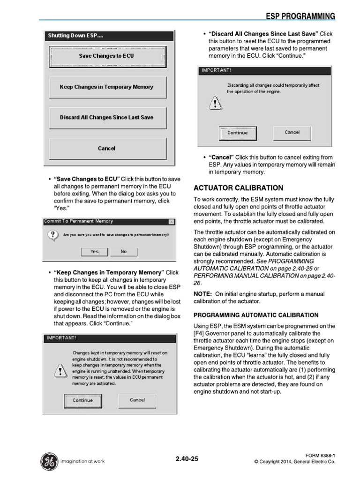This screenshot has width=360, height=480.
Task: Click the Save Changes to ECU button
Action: coord(107,56)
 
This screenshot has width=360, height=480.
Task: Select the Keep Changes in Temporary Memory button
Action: coord(107,87)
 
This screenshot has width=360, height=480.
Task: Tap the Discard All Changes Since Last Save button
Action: coord(107,118)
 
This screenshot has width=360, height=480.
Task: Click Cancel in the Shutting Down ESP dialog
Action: coord(107,149)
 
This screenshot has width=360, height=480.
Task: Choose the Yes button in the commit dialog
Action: coord(95,252)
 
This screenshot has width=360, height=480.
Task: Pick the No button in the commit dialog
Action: coord(124,252)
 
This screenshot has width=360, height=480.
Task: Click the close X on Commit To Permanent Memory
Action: coord(171,222)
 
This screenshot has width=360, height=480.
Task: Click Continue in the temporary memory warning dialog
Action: coord(82,401)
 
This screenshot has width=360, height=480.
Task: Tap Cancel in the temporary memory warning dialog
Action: coord(137,400)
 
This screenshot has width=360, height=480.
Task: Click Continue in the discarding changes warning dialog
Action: coord(238,133)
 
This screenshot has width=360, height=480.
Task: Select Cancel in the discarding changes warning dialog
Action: coord(292,133)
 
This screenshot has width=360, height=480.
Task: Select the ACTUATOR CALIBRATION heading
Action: coord(239,188)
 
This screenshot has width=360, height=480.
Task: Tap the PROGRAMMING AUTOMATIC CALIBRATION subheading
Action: coord(256,315)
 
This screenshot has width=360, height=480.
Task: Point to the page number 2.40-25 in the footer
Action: coord(187,459)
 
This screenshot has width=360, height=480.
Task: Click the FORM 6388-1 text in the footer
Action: coord(320,455)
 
